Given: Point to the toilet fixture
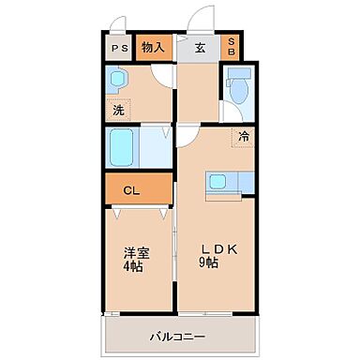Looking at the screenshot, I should [x=239, y=90].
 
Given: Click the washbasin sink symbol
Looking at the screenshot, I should [x=123, y=83].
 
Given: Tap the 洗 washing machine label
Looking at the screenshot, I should [x=118, y=110].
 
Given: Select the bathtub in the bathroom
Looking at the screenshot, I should [x=126, y=147].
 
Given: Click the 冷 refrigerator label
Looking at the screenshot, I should [x=244, y=137].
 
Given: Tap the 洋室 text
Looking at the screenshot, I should [x=136, y=251].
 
